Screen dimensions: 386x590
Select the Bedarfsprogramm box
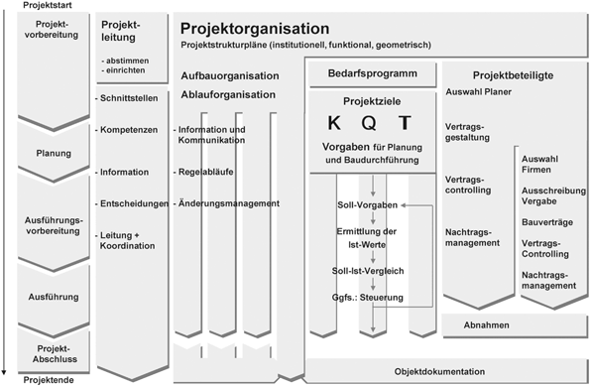(x=371, y=73)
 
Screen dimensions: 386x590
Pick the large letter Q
(x=370, y=124)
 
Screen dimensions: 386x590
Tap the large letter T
(x=404, y=124)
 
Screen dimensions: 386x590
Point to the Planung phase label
(x=52, y=154)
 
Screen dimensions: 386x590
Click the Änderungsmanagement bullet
(x=226, y=203)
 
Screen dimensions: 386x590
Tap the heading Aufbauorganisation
(x=228, y=75)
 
